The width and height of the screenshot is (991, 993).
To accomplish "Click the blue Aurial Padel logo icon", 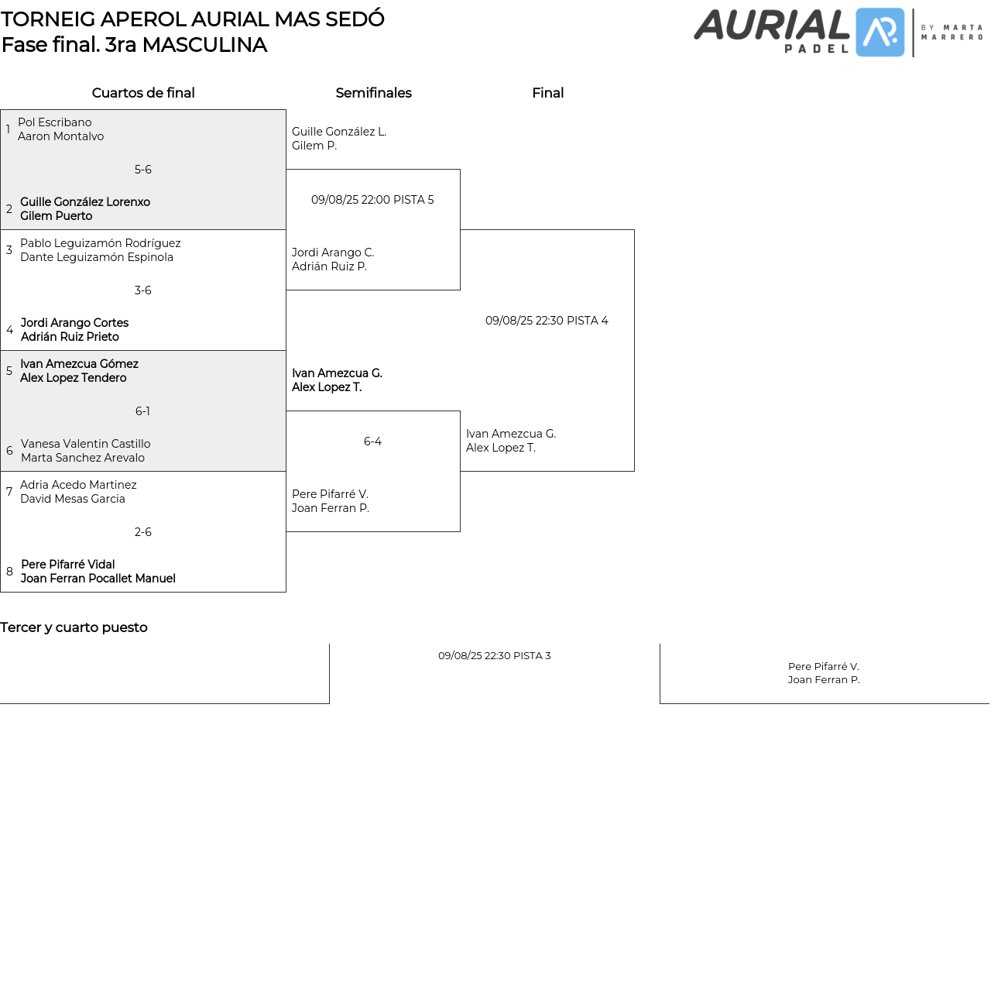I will coord(880,33).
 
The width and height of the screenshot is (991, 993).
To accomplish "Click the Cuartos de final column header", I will coord(143,93).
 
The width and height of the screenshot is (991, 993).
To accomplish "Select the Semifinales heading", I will coord(373,93).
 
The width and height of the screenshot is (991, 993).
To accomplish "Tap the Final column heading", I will coord(547,93).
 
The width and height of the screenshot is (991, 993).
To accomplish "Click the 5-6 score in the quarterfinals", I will coord(143,170).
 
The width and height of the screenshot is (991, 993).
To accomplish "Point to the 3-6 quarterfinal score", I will coord(143,290).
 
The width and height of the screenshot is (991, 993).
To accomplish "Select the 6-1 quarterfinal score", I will coord(143,411).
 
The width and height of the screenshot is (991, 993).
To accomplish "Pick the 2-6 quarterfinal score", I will coord(143,532).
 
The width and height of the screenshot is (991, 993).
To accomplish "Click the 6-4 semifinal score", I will coord(372,442).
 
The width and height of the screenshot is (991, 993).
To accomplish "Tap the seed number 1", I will coord(8,129).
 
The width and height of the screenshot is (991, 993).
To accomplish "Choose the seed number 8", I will coord(9,572).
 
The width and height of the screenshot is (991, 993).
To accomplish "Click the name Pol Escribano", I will coord(55,122).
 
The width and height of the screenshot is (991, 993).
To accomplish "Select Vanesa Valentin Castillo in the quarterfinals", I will coord(86,444).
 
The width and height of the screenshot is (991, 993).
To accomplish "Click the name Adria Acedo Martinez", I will coord(78,485).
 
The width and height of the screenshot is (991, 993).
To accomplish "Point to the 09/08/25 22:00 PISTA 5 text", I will coord(372,200).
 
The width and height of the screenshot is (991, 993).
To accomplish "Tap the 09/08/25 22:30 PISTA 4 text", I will coord(547,321).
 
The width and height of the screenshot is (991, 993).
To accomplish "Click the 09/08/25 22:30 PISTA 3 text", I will coord(495,655).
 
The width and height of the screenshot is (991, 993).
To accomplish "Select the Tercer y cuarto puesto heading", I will coord(74,627).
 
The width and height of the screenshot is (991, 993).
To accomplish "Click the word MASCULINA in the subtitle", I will coord(204,45).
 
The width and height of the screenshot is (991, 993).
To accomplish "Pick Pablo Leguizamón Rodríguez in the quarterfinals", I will coord(101,243).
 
